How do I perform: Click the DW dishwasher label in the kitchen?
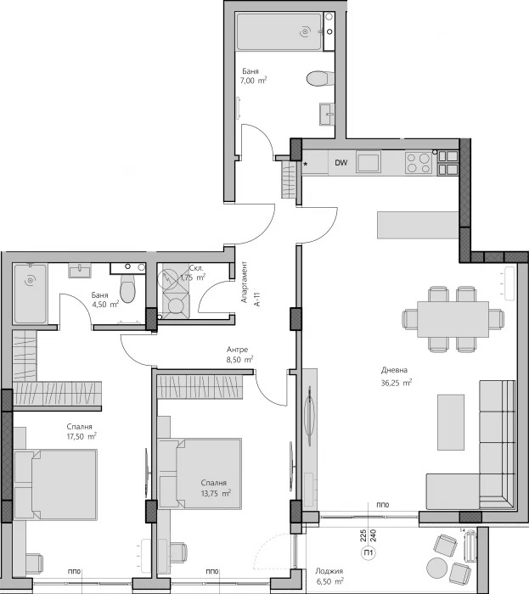(340, 162)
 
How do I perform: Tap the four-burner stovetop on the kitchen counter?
(418, 162)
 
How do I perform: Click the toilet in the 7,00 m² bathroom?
(318, 79)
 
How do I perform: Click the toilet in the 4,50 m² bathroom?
(127, 290)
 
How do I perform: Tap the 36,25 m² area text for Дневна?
(395, 383)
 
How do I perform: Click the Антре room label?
(237, 349)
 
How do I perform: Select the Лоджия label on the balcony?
(329, 570)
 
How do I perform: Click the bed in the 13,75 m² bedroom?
(200, 473)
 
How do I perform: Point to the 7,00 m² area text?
(254, 82)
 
